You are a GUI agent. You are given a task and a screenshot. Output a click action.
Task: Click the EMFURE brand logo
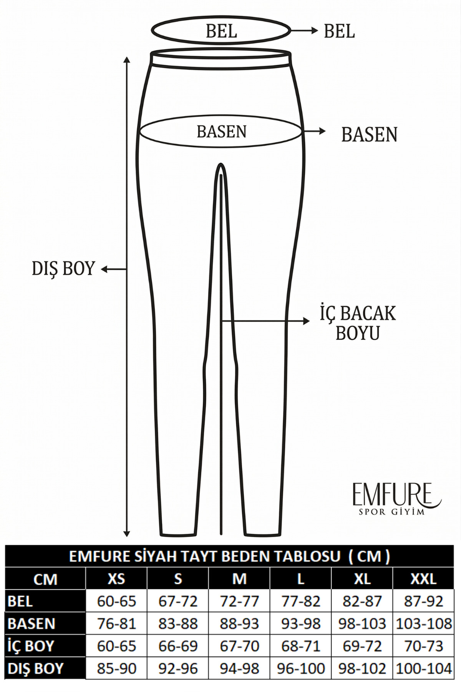pyautogui.click(x=397, y=499)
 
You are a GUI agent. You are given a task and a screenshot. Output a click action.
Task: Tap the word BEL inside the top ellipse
pyautogui.click(x=221, y=31)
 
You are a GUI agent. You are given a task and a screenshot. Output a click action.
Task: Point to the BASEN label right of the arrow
pyautogui.click(x=369, y=135)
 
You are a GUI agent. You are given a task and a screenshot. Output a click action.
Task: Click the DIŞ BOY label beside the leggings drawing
pyautogui.click(x=63, y=268)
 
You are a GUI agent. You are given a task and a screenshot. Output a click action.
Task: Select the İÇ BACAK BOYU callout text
pyautogui.click(x=358, y=323)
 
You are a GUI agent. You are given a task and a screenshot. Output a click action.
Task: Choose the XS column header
pyautogui.click(x=116, y=579)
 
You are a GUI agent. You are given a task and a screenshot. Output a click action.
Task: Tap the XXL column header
pyautogui.click(x=423, y=579)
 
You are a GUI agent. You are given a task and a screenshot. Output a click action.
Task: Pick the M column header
pyautogui.click(x=239, y=579)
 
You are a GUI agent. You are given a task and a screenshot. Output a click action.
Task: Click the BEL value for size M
pyautogui.click(x=239, y=601)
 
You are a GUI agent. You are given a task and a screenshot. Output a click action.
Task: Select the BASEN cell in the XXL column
pyautogui.click(x=423, y=624)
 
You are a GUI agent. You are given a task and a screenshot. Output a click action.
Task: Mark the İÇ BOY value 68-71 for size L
pyautogui.click(x=301, y=646)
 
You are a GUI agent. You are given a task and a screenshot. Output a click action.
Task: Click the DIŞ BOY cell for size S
pyautogui.click(x=178, y=669)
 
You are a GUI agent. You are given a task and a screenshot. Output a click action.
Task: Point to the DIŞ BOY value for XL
pyautogui.click(x=362, y=669)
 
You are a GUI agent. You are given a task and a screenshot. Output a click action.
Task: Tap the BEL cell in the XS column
pyautogui.click(x=116, y=601)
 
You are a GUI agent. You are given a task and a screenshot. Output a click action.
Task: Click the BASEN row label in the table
pyautogui.click(x=32, y=624)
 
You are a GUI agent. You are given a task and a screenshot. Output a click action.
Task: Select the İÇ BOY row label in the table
pyautogui.click(x=31, y=645)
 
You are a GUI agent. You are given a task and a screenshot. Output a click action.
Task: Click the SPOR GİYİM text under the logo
pyautogui.click(x=391, y=512)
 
